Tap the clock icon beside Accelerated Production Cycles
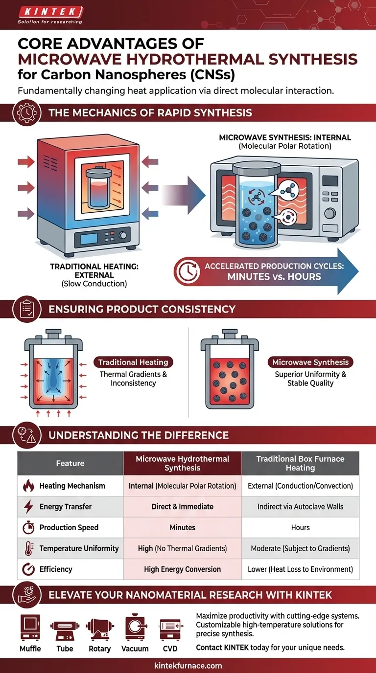[x=187, y=271]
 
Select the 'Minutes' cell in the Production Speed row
[x=183, y=528]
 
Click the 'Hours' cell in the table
[x=300, y=528]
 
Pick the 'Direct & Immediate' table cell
[x=183, y=507]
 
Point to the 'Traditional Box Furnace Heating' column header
[x=300, y=463]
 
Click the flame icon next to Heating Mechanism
[x=28, y=486]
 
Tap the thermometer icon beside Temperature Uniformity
[x=28, y=549]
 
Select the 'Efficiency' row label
[x=56, y=569]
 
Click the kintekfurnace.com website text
[x=188, y=666]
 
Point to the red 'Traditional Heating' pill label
[x=133, y=362]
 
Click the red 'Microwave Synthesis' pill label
[x=310, y=362]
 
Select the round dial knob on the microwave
[x=329, y=213]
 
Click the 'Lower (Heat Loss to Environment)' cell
[x=300, y=569]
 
